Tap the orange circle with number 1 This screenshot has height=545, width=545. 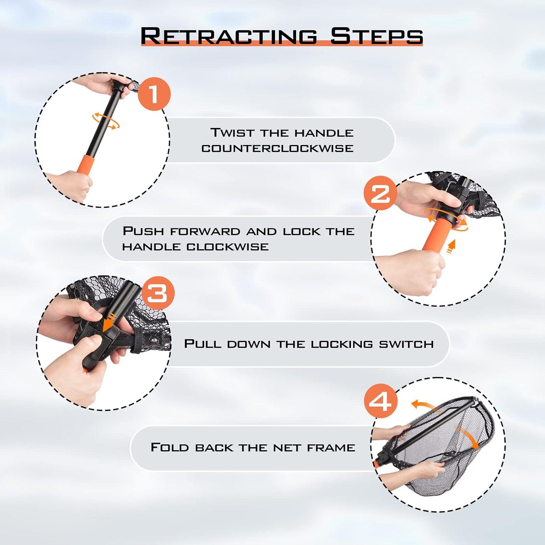tap(154, 94)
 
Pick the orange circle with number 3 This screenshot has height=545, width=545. tap(157, 292)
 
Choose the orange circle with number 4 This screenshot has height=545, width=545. tap(380, 402)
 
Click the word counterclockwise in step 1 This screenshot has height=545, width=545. tap(278, 148)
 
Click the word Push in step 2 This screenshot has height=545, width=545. tap(145, 231)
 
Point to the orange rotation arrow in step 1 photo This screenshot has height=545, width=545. tap(106, 121)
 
